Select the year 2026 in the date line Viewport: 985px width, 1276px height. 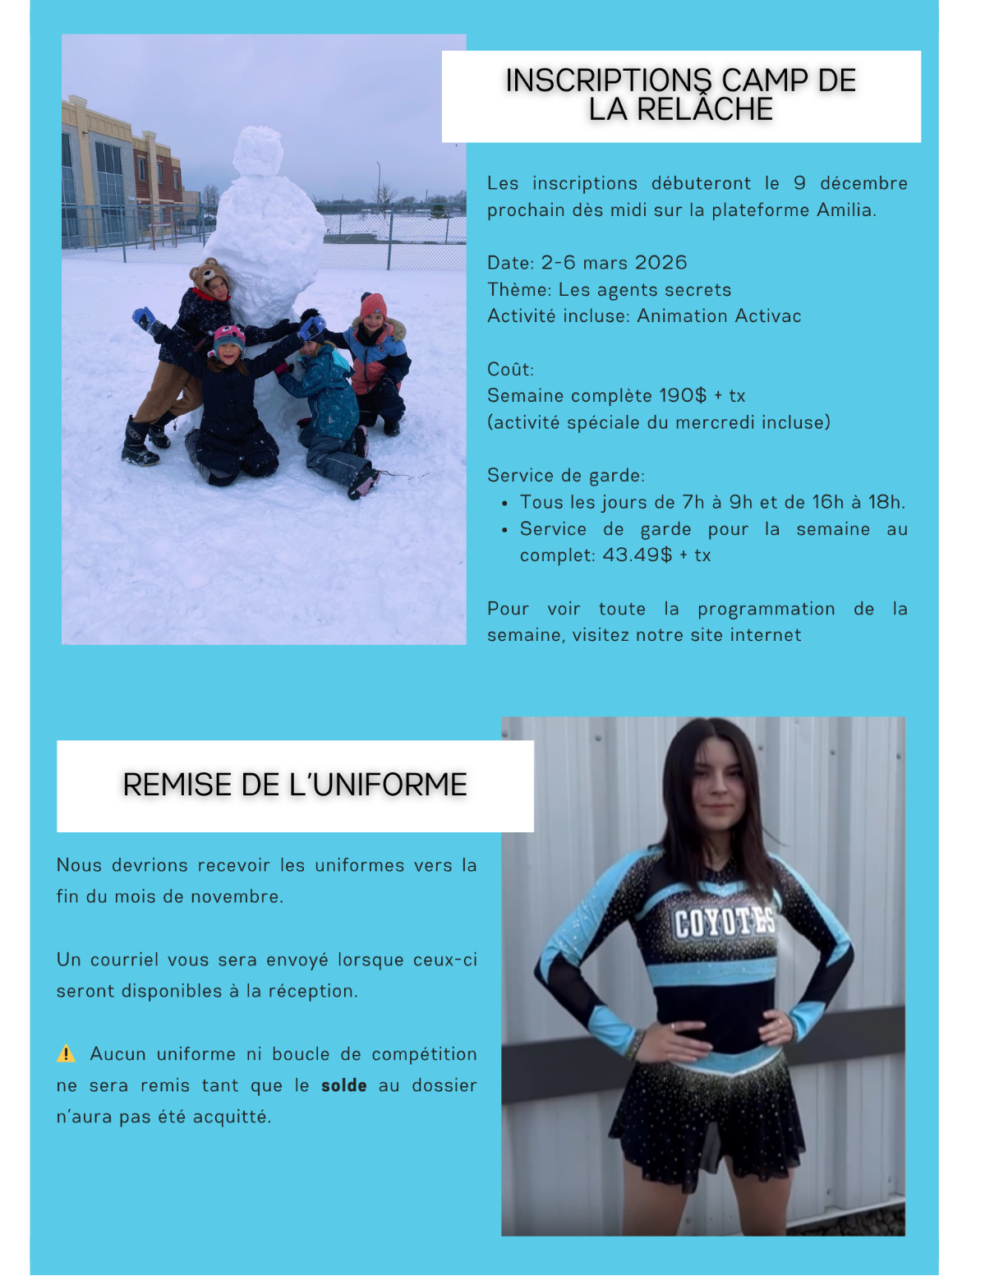pos(661,263)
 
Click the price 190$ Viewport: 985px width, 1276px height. pos(682,396)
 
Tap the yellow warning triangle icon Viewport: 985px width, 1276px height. pos(66,1053)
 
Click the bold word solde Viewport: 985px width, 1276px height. pos(343,1085)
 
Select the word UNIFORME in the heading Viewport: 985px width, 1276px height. pos(389,785)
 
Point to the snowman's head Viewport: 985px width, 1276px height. pos(258,151)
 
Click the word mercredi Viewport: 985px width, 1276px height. pos(720,423)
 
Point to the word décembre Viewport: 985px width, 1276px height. pos(863,183)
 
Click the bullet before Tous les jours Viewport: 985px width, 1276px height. pos(504,503)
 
